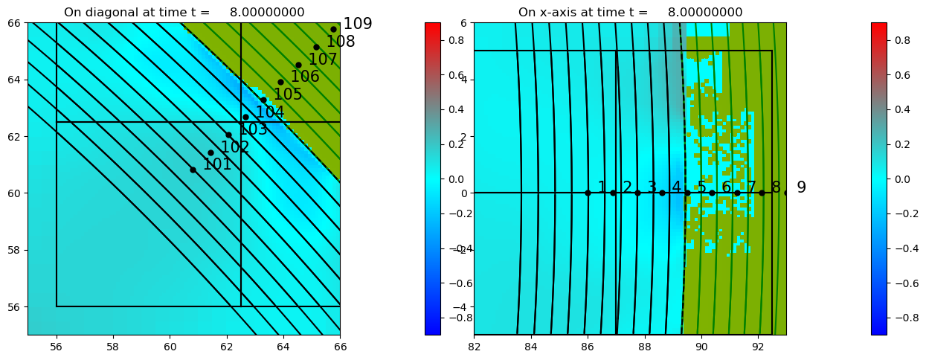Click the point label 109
point(358,25)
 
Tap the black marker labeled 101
point(193,170)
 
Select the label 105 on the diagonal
point(288,94)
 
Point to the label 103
point(253,129)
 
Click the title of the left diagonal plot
point(184,12)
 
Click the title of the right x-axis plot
point(630,12)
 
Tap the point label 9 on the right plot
point(801,187)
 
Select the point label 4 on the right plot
point(676,187)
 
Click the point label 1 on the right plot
point(602,187)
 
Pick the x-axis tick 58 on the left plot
point(113,346)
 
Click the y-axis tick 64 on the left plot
point(14,80)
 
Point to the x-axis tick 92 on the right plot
point(758,346)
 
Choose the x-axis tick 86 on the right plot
point(588,346)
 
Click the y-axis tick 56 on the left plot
point(14,306)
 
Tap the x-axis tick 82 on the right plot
point(475,346)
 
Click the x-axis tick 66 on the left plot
point(340,346)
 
